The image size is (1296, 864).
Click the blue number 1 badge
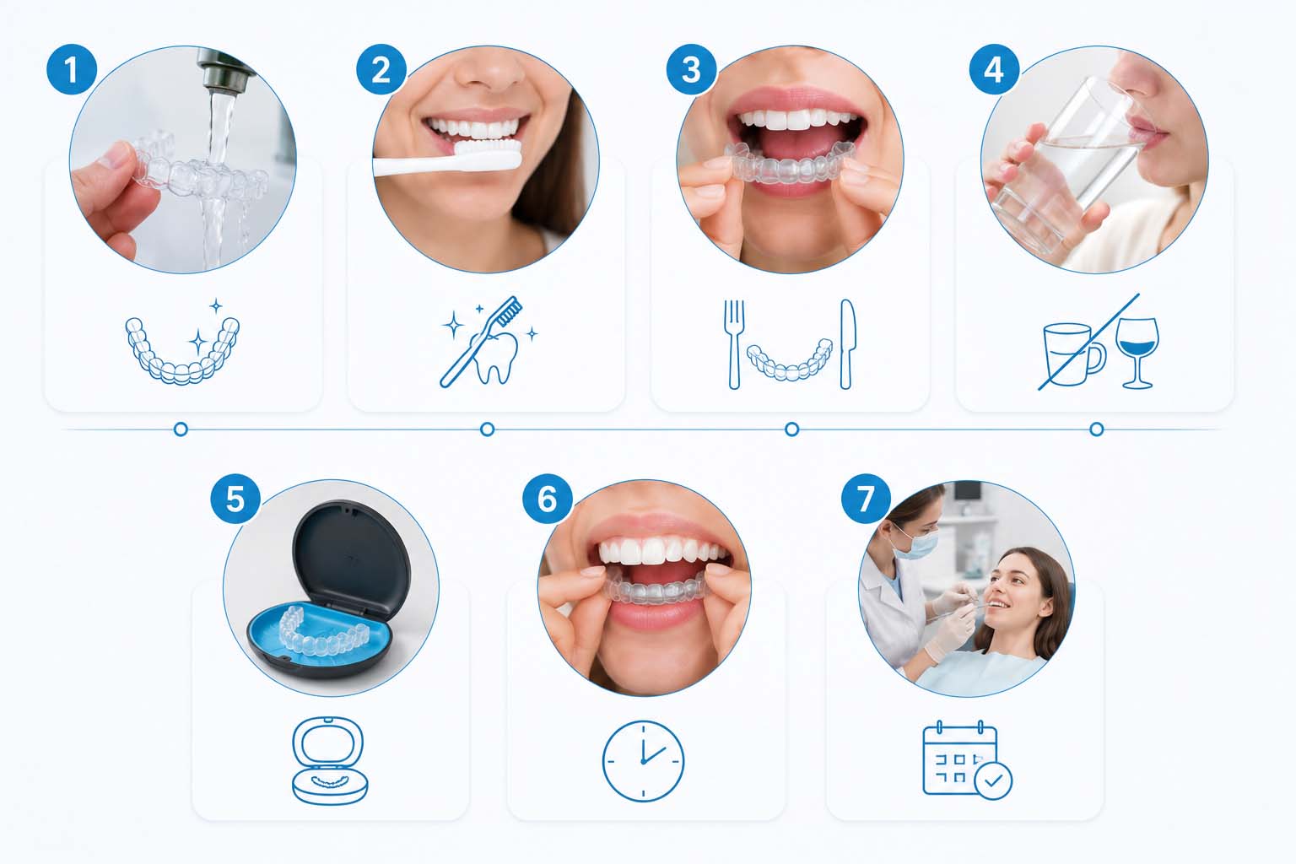[x=71, y=69]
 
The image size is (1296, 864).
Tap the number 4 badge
[x=994, y=69]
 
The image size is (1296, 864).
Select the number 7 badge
[x=866, y=499]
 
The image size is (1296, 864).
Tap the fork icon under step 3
[x=733, y=344]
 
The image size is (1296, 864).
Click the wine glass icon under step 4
[x=1137, y=353]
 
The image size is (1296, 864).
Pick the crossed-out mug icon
[x=1074, y=354]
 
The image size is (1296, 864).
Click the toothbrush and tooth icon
[x=489, y=342]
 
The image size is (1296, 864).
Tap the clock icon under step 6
[x=644, y=761]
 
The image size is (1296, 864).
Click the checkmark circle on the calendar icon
[x=993, y=780]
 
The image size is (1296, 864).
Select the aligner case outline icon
[x=329, y=761]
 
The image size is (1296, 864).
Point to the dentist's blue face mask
[x=915, y=544]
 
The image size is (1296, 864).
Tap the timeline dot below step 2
[x=488, y=429]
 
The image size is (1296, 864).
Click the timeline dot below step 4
[x=1096, y=429]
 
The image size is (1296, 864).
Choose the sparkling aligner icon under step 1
[x=183, y=343]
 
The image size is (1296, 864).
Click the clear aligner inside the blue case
[x=324, y=632]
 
